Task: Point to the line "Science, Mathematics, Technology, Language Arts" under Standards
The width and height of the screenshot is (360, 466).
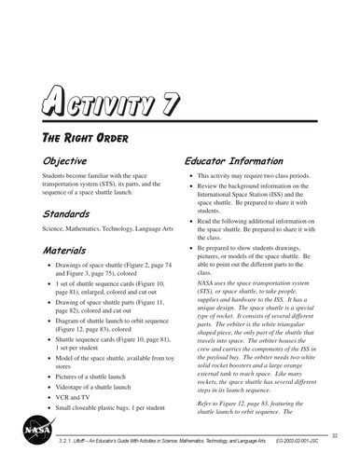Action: point(105,229)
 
